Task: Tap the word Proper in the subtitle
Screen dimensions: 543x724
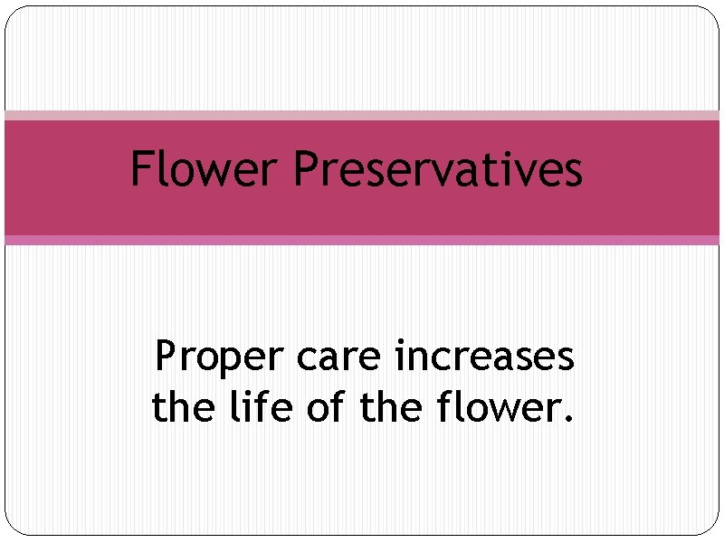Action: pos(218,358)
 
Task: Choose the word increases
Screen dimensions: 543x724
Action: pos(484,357)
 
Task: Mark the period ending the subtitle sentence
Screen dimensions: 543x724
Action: pos(568,420)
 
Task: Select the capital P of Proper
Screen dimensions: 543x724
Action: pos(167,357)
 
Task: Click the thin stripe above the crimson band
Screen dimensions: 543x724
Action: pos(362,116)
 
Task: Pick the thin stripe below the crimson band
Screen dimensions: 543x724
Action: pos(362,240)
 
